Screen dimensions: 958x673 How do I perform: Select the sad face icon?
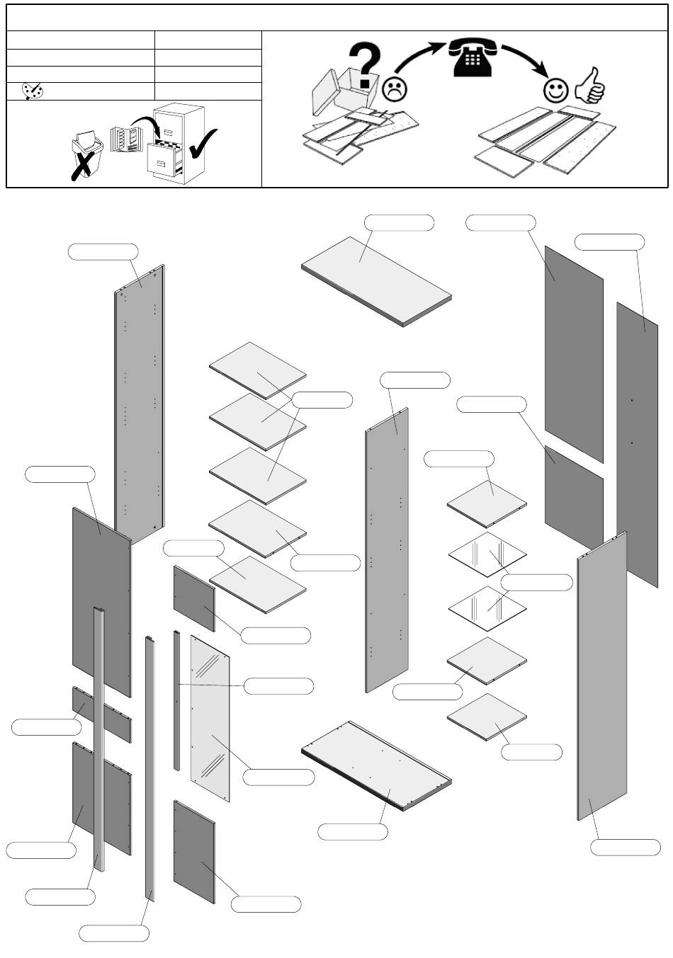pyautogui.click(x=395, y=89)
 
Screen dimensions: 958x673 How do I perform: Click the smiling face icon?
pyautogui.click(x=555, y=90)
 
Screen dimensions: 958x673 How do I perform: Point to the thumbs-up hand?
pyautogui.click(x=589, y=86)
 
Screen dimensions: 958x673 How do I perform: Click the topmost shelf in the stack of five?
pyautogui.click(x=258, y=370)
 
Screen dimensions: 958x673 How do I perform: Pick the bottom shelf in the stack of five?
pyautogui.click(x=258, y=583)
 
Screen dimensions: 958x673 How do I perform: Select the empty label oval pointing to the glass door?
pyautogui.click(x=278, y=777)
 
